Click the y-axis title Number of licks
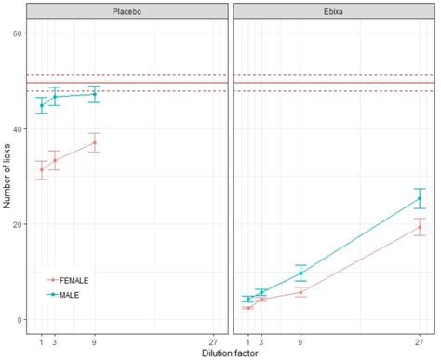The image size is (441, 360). click(7, 176)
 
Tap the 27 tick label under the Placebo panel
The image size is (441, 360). click(215, 340)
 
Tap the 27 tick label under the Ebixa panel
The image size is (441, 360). click(420, 340)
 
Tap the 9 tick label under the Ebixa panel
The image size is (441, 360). click(300, 340)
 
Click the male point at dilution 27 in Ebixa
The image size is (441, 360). click(420, 198)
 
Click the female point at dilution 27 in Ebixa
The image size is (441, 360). click(420, 227)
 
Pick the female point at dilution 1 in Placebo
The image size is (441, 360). click(41, 170)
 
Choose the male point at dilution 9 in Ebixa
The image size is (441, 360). click(300, 273)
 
